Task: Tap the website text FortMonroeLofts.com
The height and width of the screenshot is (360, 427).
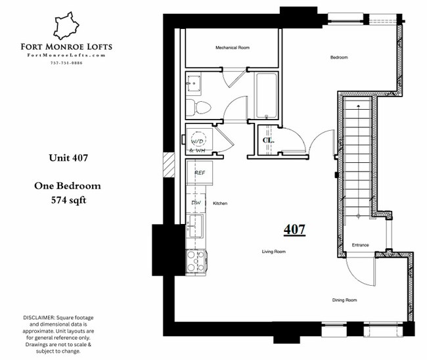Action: (x=74, y=55)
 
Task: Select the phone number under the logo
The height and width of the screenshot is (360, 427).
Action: (x=74, y=63)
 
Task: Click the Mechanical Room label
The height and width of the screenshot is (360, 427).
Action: (x=232, y=48)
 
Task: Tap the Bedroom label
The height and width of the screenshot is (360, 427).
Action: (x=338, y=58)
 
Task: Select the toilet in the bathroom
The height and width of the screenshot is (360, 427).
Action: (x=199, y=107)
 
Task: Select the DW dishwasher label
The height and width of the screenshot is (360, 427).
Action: (x=196, y=203)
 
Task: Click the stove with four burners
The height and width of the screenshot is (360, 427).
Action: (x=196, y=261)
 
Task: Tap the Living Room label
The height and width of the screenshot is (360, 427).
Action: (x=273, y=252)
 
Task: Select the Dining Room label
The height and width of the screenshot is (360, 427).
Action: (x=344, y=300)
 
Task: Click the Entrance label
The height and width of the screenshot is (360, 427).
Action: (x=359, y=245)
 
